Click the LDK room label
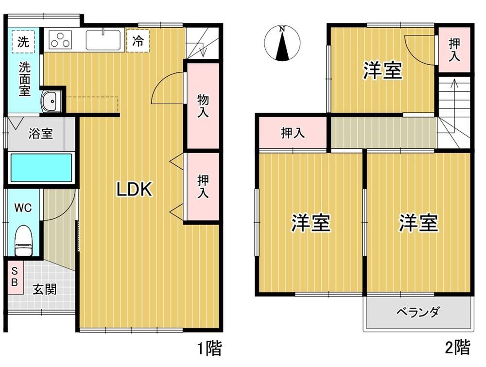[x=134, y=189]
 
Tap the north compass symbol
[x=282, y=43]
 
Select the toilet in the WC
[x=23, y=240]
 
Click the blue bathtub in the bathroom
[x=41, y=168]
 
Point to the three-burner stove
[x=60, y=40]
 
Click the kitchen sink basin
[x=103, y=40]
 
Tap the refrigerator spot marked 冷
[x=138, y=40]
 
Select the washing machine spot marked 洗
[x=23, y=41]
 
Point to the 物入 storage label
[x=203, y=106]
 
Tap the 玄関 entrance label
[x=45, y=290]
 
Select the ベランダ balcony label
[x=418, y=312]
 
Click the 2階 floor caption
[x=457, y=347]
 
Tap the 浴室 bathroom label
[x=41, y=134]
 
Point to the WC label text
[x=23, y=208]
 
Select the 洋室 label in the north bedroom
[x=382, y=70]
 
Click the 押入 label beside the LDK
[x=203, y=187]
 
